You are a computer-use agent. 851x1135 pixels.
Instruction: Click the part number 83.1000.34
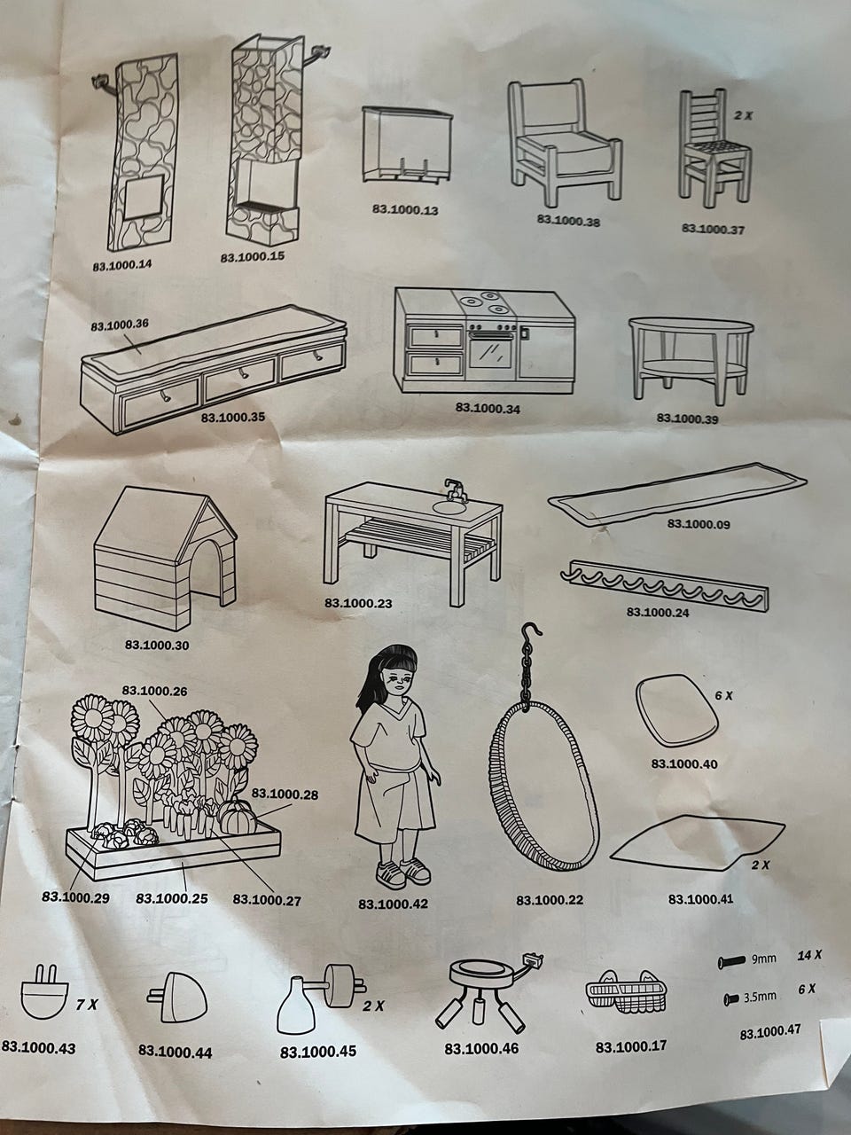(488, 409)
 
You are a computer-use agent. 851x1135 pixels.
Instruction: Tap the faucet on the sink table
(456, 489)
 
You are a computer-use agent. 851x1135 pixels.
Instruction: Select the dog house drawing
(166, 558)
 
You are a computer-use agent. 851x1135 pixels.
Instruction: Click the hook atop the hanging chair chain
(531, 634)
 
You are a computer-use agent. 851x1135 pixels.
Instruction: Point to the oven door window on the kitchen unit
(490, 352)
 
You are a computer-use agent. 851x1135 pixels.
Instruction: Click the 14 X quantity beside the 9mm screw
(809, 955)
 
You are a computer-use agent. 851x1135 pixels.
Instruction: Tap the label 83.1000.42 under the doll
(394, 904)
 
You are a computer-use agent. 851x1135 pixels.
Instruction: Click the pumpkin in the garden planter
(238, 818)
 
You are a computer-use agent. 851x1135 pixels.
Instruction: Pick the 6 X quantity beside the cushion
(723, 695)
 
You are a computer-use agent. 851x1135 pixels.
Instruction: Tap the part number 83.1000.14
(122, 265)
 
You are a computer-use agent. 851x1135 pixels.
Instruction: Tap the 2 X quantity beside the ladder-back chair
(743, 115)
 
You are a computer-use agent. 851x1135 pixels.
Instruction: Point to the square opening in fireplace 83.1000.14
(145, 196)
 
